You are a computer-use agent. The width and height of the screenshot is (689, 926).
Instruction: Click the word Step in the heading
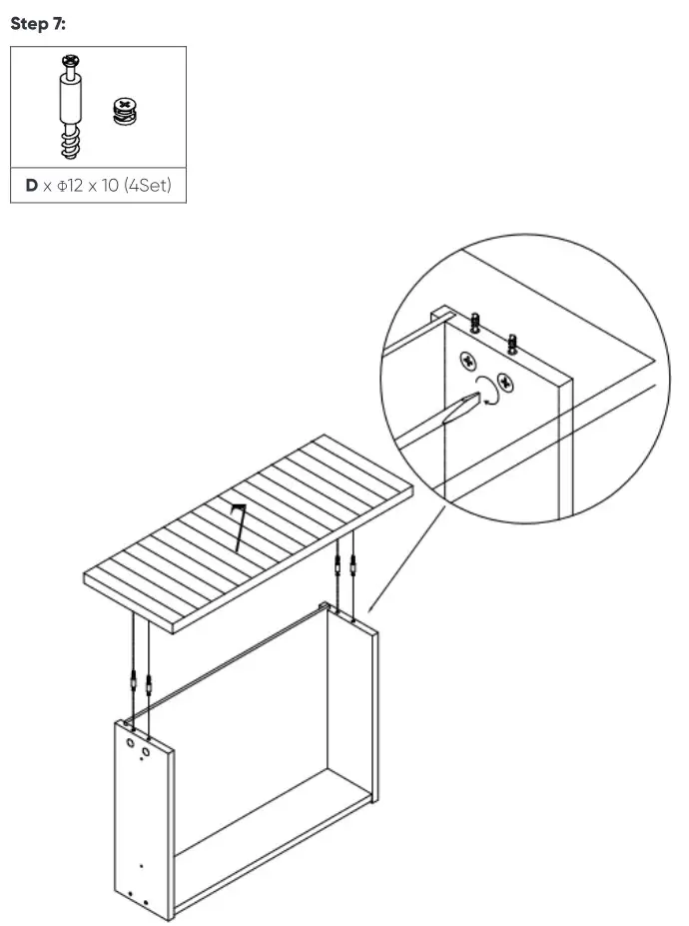click(29, 24)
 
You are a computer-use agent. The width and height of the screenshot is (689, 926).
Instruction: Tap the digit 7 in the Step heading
click(58, 24)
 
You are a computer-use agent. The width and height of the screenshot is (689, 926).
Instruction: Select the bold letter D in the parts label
click(31, 186)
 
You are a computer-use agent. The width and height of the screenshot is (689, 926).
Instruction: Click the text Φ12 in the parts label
click(70, 186)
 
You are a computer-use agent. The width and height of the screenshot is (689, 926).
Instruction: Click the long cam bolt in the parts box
click(70, 109)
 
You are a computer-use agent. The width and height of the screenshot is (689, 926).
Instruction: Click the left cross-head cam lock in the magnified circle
click(466, 362)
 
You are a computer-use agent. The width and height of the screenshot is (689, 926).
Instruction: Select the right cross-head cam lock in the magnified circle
click(504, 382)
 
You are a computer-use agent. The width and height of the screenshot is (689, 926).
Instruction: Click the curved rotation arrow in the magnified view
click(488, 392)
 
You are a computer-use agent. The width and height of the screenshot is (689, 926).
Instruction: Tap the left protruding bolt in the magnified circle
click(475, 323)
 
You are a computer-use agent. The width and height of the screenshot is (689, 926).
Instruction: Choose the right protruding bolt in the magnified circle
click(512, 342)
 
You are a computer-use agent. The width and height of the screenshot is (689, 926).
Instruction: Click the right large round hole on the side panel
click(147, 750)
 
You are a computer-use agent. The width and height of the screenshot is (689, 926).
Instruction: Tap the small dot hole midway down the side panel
click(141, 866)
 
